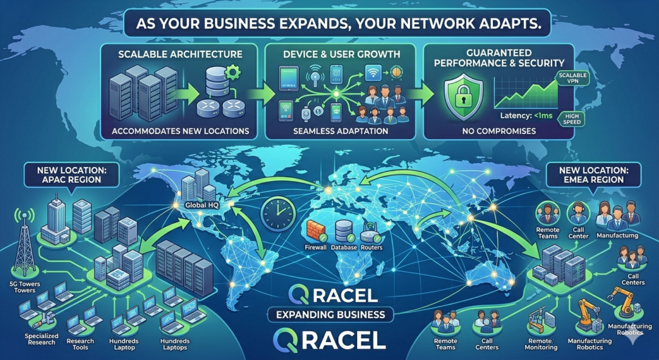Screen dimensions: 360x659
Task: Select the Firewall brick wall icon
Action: (315, 231)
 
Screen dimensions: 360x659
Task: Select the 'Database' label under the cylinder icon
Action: (344, 247)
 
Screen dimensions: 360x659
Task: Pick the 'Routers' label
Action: (371, 247)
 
